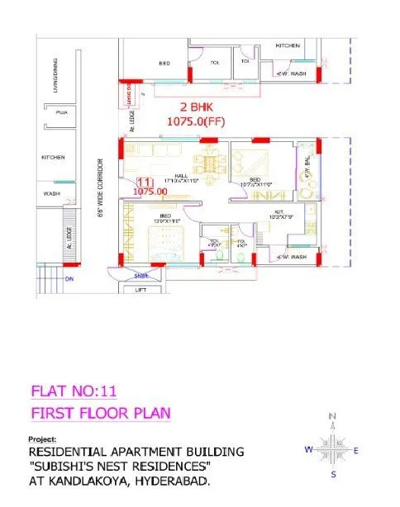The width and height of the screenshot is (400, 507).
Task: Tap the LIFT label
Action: [x=141, y=290]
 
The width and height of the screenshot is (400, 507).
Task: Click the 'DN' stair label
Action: [x=69, y=279]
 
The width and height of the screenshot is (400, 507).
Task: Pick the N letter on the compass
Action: [x=332, y=415]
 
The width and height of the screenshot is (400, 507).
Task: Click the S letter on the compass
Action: [x=333, y=476]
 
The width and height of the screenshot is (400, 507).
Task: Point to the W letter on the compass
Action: [x=306, y=450]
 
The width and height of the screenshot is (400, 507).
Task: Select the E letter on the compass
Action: [x=355, y=451]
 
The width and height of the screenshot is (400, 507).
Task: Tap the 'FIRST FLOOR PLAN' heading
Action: [x=100, y=412]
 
